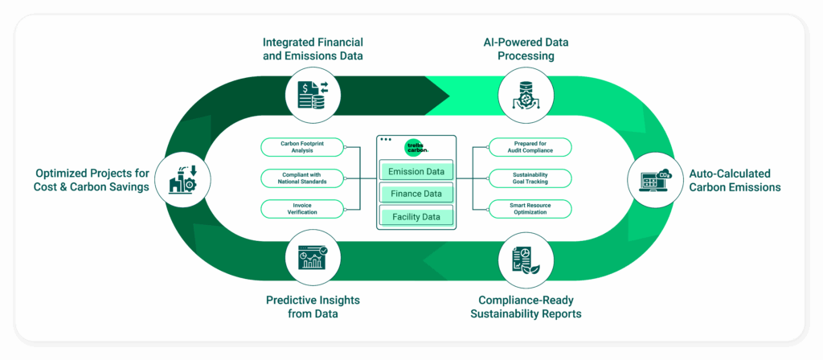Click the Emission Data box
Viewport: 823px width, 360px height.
click(x=416, y=171)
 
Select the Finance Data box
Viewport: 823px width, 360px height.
click(x=416, y=194)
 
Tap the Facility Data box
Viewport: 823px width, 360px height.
click(x=416, y=216)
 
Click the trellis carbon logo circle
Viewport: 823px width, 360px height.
click(x=417, y=148)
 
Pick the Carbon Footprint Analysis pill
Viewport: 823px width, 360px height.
click(x=302, y=147)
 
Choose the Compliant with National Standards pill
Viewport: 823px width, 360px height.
click(x=302, y=178)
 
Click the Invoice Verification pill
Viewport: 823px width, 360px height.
click(x=302, y=208)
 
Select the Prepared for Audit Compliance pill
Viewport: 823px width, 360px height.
click(x=530, y=147)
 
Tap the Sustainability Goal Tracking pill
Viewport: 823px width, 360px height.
click(x=530, y=178)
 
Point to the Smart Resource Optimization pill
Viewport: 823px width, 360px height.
click(x=530, y=208)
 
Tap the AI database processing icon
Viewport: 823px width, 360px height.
click(x=526, y=94)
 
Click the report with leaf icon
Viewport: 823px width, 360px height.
click(x=526, y=261)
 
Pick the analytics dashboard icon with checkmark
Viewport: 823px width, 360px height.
click(x=313, y=257)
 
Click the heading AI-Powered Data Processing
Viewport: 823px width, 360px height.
click(x=526, y=49)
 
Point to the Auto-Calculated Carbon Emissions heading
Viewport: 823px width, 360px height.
click(x=735, y=180)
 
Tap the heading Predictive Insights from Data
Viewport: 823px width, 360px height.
click(x=313, y=307)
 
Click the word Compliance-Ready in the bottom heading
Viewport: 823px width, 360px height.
click(x=526, y=301)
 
